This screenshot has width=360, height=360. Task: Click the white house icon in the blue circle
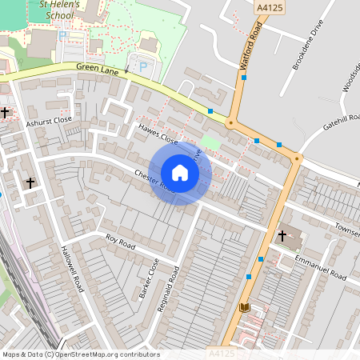point(180,173)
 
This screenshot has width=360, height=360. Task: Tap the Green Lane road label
point(98,70)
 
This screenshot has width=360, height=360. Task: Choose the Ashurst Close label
point(49,120)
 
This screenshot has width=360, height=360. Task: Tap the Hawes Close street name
point(158,133)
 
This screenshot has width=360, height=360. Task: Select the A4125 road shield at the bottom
point(223,353)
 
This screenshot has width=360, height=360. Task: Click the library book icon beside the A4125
point(244,307)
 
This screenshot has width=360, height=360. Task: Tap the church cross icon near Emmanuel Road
point(282,237)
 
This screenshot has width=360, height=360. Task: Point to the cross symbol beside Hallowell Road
point(30,183)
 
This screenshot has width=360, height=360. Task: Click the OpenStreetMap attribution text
point(80,354)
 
